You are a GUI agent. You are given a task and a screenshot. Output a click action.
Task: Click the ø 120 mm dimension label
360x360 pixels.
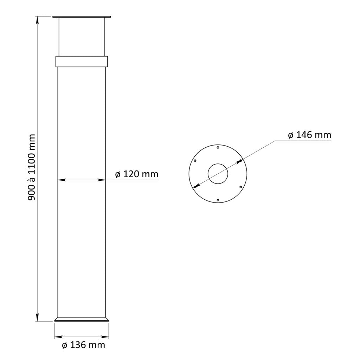tap(137, 174)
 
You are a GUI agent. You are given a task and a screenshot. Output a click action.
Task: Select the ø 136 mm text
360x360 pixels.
tap(83, 345)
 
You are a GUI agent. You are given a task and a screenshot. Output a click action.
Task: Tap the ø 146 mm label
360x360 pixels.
tap(309, 135)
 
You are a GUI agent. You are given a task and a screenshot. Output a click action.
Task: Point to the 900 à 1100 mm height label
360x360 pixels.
tap(32, 167)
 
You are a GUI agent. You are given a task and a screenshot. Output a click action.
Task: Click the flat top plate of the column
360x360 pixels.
tap(82, 17)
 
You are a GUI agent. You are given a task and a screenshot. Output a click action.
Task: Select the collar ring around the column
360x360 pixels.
tap(82, 61)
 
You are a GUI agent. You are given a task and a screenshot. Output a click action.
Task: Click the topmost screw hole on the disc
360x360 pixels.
tap(218, 147)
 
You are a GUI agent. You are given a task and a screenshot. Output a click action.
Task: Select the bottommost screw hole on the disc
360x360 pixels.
tap(218, 200)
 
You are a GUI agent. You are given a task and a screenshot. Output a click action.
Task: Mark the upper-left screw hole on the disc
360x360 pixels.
tap(195, 161)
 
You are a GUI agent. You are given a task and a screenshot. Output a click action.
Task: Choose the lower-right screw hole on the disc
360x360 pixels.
tap(241, 187)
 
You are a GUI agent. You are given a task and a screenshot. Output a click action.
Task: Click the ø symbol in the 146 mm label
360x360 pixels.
tap(291, 135)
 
